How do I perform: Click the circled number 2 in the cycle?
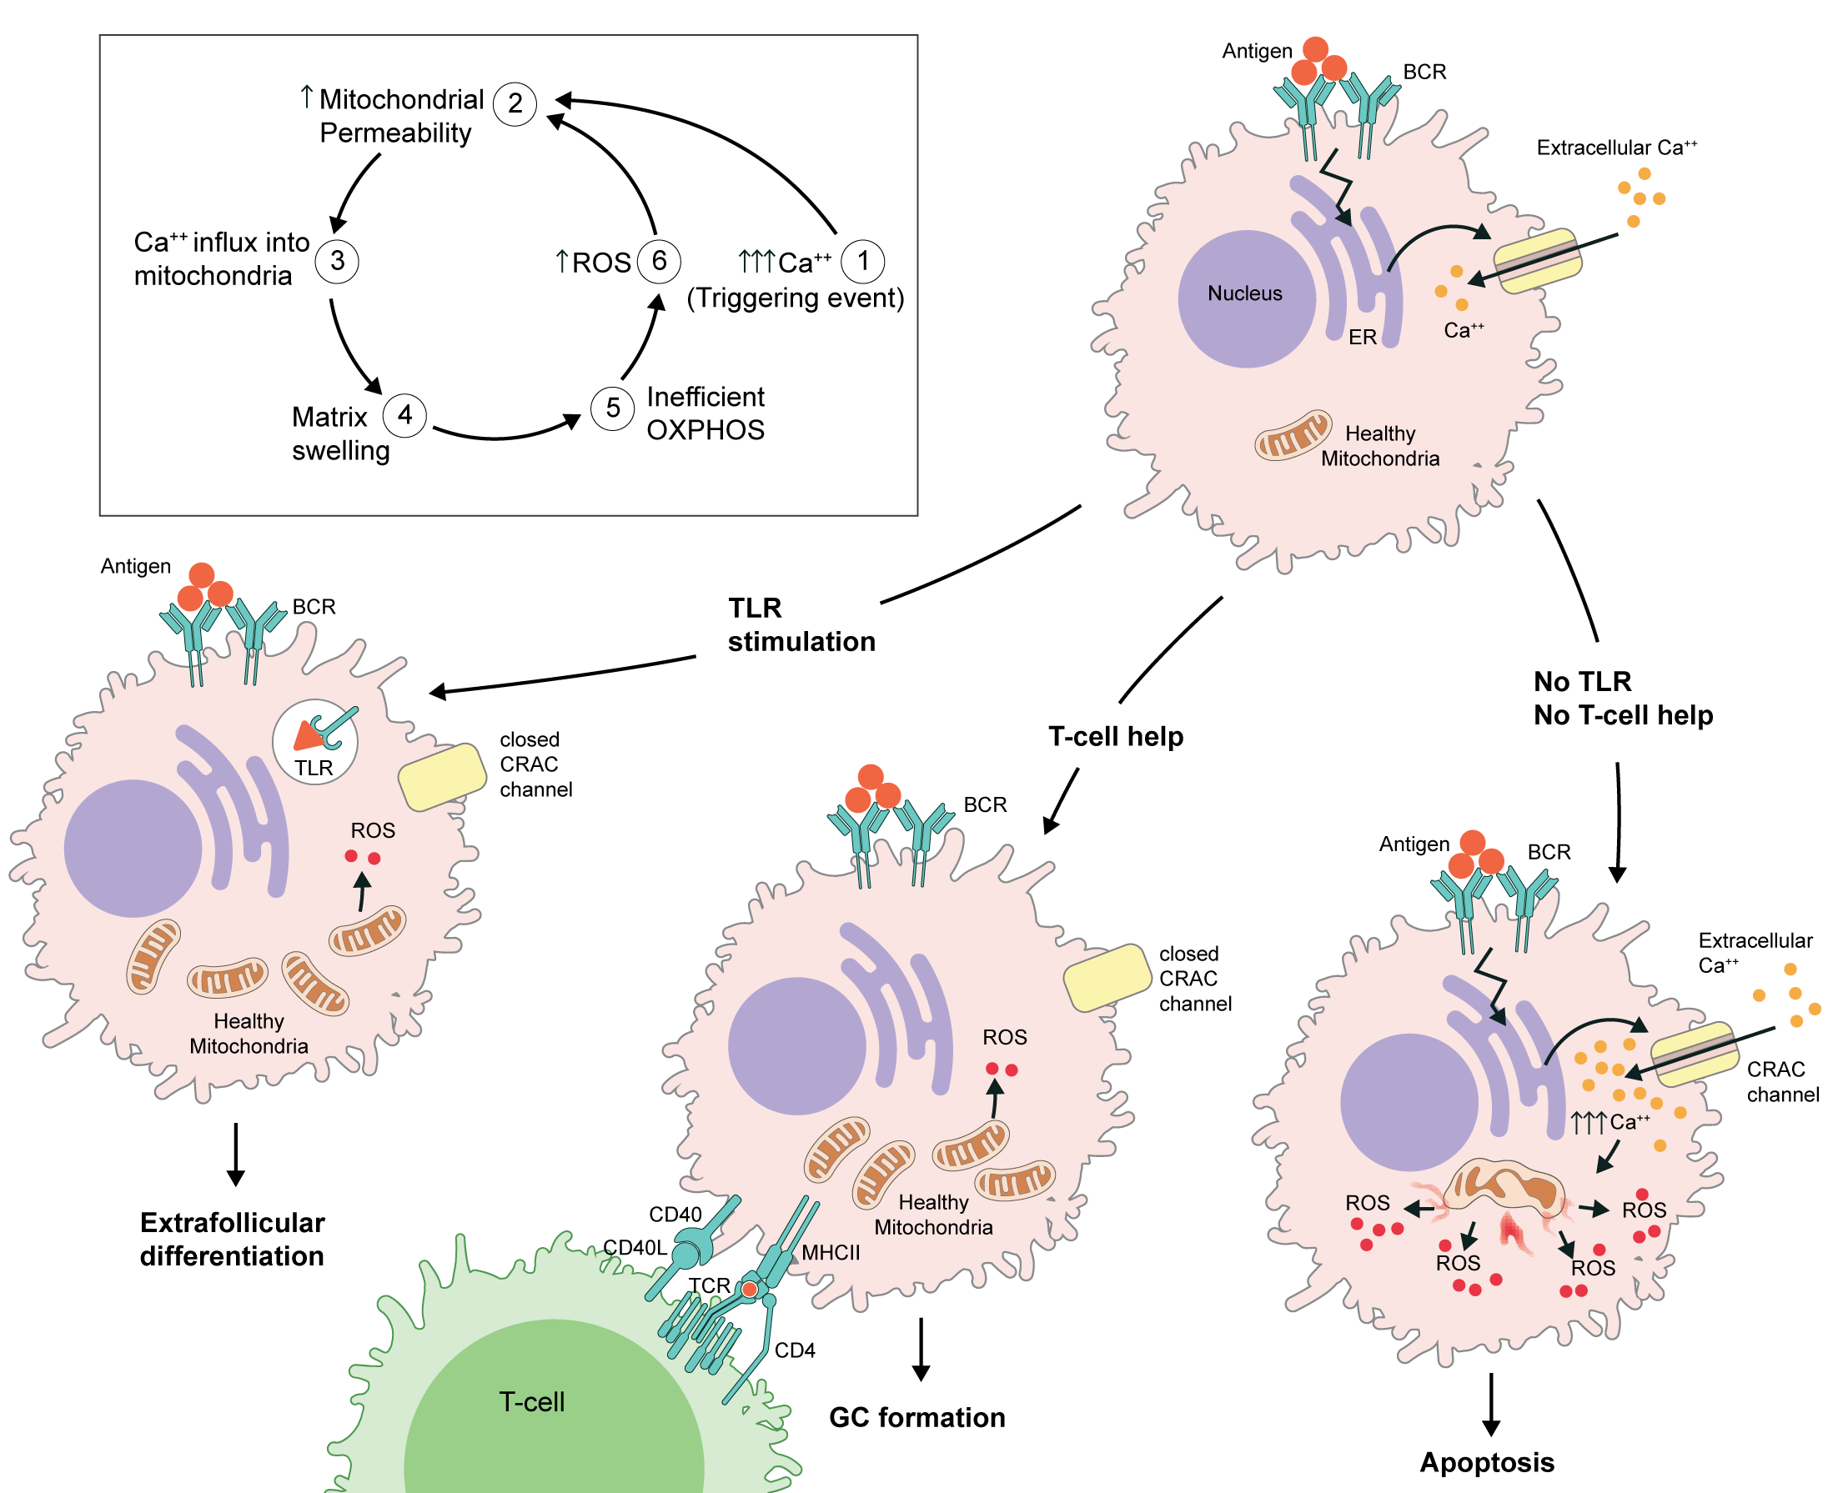(515, 104)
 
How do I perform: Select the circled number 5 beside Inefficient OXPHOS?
(613, 408)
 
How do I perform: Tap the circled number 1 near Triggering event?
(862, 261)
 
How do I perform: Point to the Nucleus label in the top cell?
(1244, 293)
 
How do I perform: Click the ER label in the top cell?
(1362, 337)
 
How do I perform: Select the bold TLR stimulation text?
(801, 625)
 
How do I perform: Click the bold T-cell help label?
(1115, 736)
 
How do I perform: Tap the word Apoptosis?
(1486, 1462)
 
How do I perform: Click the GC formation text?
(916, 1417)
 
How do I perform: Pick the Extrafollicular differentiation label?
(233, 1240)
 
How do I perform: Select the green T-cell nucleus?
(553, 1410)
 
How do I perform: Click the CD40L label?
(634, 1247)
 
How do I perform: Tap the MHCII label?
(831, 1252)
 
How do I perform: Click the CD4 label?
(794, 1350)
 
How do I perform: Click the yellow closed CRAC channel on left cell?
(442, 777)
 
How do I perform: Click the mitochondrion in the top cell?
(1293, 435)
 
